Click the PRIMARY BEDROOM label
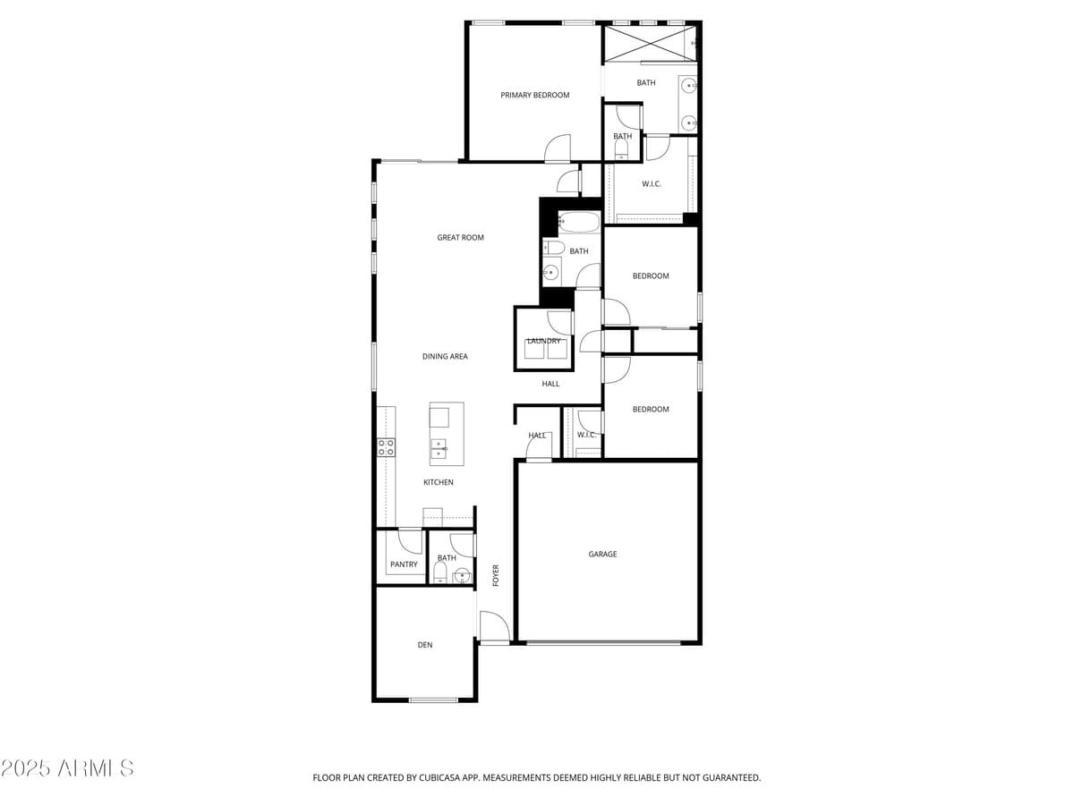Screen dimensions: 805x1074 [x=534, y=95]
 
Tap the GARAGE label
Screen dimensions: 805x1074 [x=602, y=555]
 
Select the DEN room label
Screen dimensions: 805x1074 [x=425, y=645]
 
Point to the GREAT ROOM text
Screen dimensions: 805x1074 [x=460, y=238]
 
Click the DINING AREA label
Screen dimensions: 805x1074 [x=445, y=357]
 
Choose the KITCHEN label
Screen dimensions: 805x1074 [x=439, y=483]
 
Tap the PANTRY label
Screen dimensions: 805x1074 [x=404, y=564]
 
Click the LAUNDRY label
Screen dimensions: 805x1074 [x=544, y=341]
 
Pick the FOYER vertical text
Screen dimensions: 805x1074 [x=496, y=575]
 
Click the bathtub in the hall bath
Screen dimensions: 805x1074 [x=580, y=221]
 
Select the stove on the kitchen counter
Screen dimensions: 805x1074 [x=386, y=447]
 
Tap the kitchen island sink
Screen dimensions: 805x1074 [x=439, y=448]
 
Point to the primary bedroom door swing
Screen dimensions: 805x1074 [x=557, y=148]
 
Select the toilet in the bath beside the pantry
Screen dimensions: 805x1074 [x=439, y=573]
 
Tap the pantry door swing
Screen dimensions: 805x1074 [x=410, y=541]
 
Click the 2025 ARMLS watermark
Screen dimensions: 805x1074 [x=68, y=768]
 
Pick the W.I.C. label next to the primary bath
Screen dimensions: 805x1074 [x=651, y=184]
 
